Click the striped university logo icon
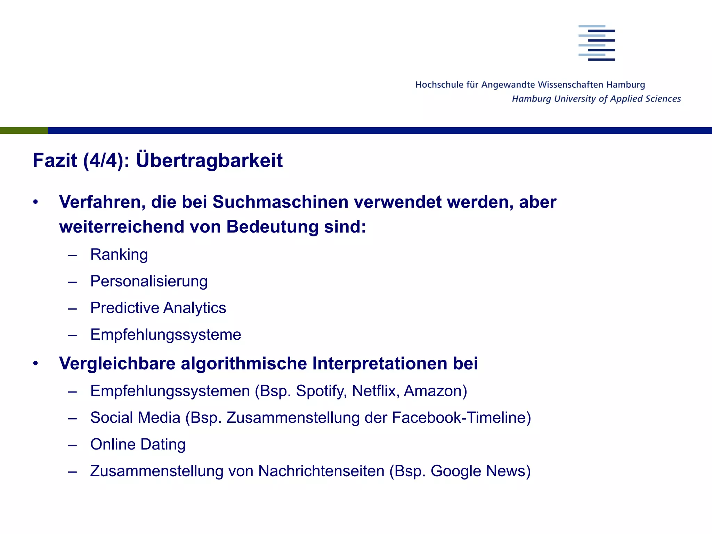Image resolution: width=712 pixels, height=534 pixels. tap(597, 43)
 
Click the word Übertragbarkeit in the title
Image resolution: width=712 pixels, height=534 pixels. tap(209, 160)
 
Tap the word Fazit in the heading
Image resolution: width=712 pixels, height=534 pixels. tap(55, 160)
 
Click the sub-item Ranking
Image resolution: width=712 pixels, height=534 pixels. tap(119, 254)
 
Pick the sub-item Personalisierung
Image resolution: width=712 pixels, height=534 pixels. tap(149, 281)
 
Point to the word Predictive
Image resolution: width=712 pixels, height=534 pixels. tap(124, 308)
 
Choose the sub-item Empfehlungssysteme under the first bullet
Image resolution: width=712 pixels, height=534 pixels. tap(165, 335)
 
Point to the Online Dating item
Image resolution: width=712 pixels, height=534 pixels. tap(138, 445)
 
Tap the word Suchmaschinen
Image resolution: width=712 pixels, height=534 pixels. tap(280, 202)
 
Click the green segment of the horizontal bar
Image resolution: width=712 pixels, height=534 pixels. tap(24, 131)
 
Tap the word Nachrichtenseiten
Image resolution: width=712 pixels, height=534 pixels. tap(321, 471)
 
